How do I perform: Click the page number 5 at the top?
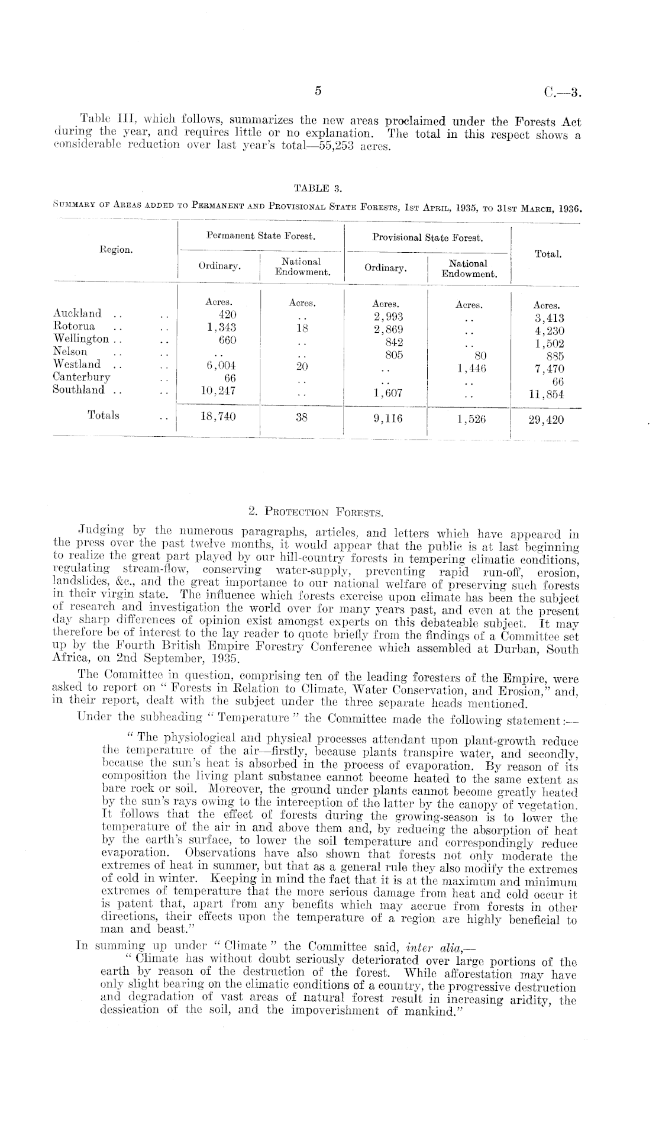coord(318,91)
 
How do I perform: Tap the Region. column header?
coord(116,250)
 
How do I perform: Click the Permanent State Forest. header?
coord(261,236)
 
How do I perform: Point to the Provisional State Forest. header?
coord(428,238)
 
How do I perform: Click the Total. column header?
coord(548,254)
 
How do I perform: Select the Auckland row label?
coord(77,313)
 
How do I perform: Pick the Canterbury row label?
coord(81,376)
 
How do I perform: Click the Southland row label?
coord(78,389)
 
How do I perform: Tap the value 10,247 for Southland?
coord(218,391)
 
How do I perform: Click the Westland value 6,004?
coord(219,366)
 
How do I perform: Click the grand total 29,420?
coord(547,420)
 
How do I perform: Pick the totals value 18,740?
coord(218,417)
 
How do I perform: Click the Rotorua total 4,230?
coord(548,331)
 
